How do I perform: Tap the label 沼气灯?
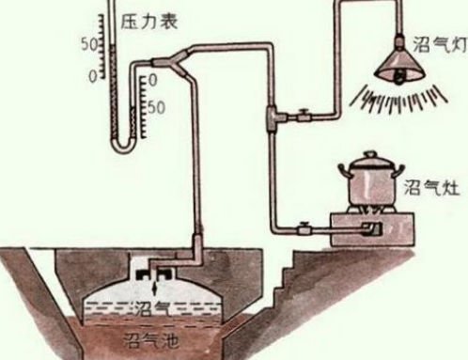click(435, 42)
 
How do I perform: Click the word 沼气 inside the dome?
click(148, 306)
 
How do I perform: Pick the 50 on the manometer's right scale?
click(156, 106)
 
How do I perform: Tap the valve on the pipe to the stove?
click(305, 227)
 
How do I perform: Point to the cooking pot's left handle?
click(342, 175)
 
